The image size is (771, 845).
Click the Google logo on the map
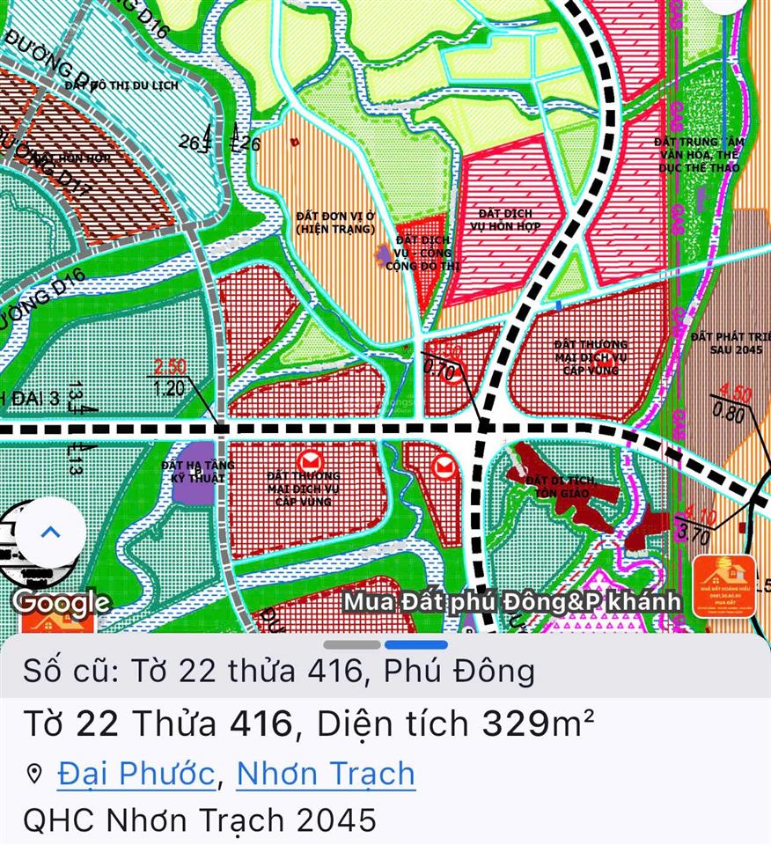pyautogui.click(x=62, y=603)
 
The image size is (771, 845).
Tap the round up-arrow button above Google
pyautogui.click(x=50, y=532)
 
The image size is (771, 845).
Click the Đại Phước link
pyautogui.click(x=136, y=774)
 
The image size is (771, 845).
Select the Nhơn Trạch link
pyautogui.click(x=326, y=774)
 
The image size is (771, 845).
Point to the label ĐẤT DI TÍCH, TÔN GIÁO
pyautogui.click(x=561, y=487)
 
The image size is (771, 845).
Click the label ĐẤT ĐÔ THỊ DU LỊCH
pyautogui.click(x=121, y=85)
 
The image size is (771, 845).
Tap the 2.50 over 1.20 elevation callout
pyautogui.click(x=170, y=376)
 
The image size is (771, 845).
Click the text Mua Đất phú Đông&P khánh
pyautogui.click(x=511, y=602)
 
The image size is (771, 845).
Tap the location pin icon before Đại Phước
pyautogui.click(x=35, y=775)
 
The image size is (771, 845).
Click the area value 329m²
pyautogui.click(x=538, y=724)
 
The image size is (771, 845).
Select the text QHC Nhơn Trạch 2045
pyautogui.click(x=200, y=820)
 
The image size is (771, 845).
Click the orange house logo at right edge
pyautogui.click(x=724, y=585)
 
